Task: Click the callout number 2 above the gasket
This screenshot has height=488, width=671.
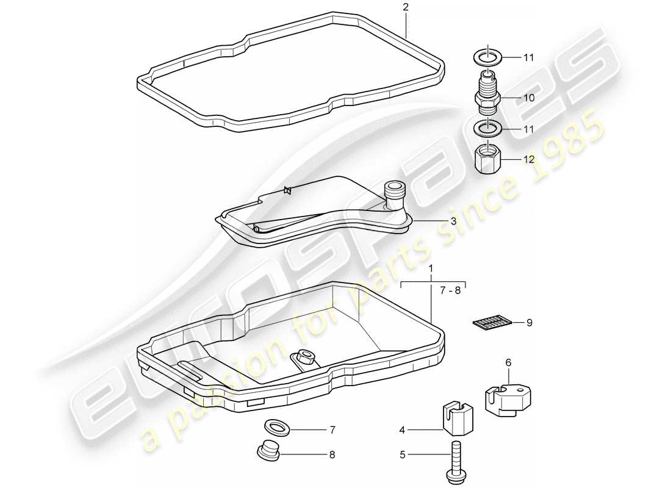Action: (405, 7)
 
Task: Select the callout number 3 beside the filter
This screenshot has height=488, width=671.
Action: (453, 221)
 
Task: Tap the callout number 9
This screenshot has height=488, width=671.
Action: (529, 322)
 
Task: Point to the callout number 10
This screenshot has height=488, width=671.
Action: (528, 97)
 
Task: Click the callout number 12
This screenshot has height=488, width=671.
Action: (528, 159)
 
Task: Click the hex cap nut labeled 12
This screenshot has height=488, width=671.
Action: (487, 160)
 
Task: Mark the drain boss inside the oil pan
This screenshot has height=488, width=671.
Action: (303, 357)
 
